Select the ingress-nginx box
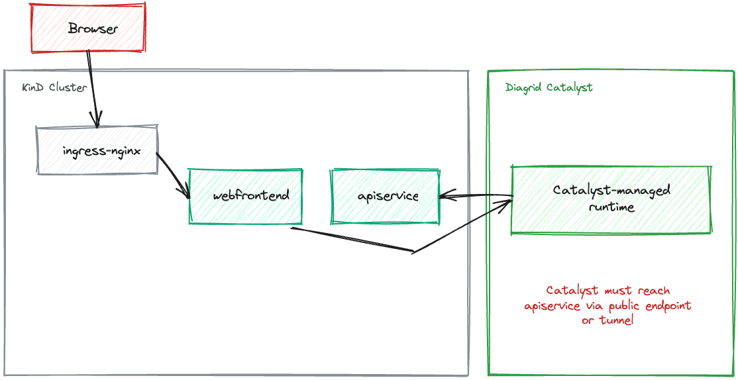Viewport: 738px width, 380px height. tap(97, 150)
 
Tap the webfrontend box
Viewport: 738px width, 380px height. tap(245, 196)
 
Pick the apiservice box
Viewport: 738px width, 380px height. tap(385, 196)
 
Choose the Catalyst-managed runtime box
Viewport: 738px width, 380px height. tap(610, 199)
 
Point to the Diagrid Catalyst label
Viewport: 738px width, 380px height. tap(549, 88)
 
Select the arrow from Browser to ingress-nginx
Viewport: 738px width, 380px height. tap(93, 89)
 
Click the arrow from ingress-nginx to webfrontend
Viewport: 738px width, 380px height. tap(173, 175)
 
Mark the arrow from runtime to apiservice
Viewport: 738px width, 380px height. tap(476, 195)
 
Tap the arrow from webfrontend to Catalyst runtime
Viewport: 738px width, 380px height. tap(413, 252)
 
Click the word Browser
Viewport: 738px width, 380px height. tap(93, 28)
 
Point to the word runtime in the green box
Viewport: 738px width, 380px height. tap(611, 207)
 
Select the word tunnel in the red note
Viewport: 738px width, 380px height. tap(614, 320)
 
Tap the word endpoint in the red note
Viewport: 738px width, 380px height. tap(669, 305)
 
